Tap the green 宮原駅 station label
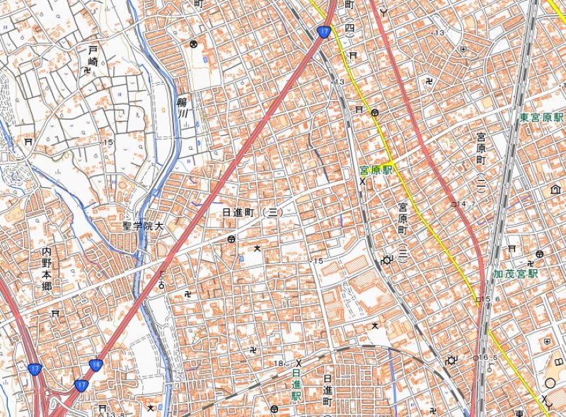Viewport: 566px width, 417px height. pyautogui.click(x=375, y=171)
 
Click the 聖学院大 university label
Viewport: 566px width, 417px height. pyautogui.click(x=142, y=226)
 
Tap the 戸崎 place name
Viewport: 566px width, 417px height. pyautogui.click(x=92, y=56)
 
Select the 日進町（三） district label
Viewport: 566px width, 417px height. pyautogui.click(x=253, y=213)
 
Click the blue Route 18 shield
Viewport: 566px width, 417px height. pyautogui.click(x=97, y=364)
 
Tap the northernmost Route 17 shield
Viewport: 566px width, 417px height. pyautogui.click(x=324, y=31)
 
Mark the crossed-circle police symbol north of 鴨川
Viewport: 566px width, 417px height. pyautogui.click(x=192, y=45)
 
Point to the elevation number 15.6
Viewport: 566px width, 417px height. pyautogui.click(x=492, y=300)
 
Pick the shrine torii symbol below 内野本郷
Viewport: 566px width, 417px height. pyautogui.click(x=55, y=312)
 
